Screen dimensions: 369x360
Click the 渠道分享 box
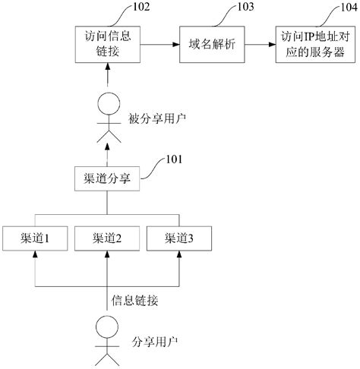[x=107, y=179]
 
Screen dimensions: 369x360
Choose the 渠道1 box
[x=35, y=238]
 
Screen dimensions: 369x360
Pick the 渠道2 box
[x=107, y=238]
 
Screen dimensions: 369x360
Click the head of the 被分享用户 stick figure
[x=107, y=102]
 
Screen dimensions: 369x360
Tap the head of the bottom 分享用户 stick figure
[x=107, y=327]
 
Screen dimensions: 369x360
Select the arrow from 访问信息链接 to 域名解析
[x=156, y=44]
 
